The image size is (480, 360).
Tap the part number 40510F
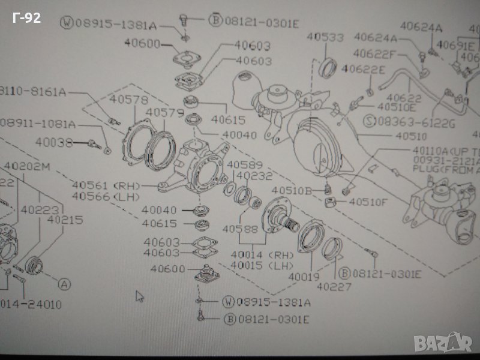pos(368,202)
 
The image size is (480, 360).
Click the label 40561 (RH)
pos(105,185)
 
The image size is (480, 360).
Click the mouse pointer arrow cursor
pos(139,296)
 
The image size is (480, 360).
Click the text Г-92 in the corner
pos(26,19)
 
